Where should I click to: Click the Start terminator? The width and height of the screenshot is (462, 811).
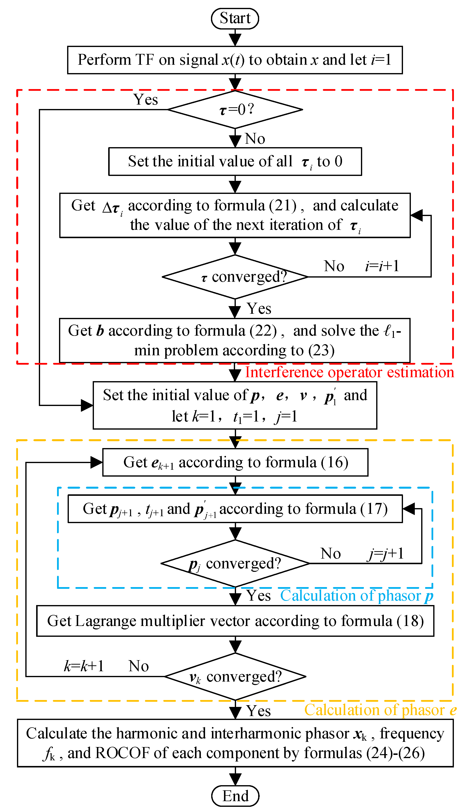235,18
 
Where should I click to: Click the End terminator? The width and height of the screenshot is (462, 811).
235,796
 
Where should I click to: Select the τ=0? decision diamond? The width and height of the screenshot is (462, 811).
235,109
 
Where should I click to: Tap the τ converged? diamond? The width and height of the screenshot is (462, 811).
235,277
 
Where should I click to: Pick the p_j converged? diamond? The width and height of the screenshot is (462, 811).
235,564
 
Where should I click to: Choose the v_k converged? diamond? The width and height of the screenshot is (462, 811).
235,677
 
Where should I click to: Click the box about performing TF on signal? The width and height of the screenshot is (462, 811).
235,60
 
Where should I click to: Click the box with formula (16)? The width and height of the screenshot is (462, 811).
235,462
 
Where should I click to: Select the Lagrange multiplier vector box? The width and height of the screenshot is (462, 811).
235,621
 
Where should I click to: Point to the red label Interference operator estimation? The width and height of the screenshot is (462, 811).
349,372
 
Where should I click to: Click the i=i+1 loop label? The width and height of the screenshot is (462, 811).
382,266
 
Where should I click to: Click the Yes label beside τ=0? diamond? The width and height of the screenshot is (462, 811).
145,100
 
